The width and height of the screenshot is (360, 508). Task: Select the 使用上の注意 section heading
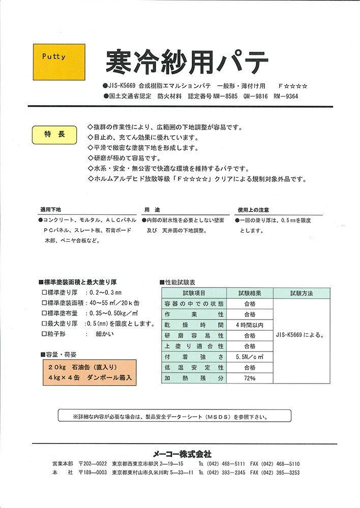coord(253,209)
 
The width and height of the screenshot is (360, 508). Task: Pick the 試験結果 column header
coord(250,294)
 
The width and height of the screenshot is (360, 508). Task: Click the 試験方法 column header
coord(302,294)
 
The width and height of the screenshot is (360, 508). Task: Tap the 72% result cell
coord(250,378)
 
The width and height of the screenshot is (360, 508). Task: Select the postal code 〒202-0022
coord(94,464)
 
